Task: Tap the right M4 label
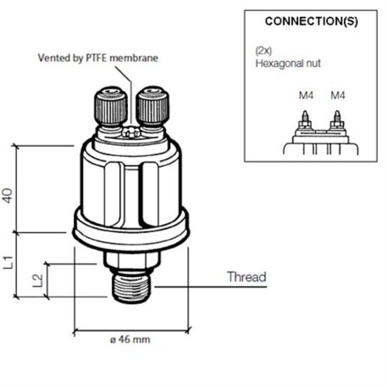[x=337, y=95]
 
